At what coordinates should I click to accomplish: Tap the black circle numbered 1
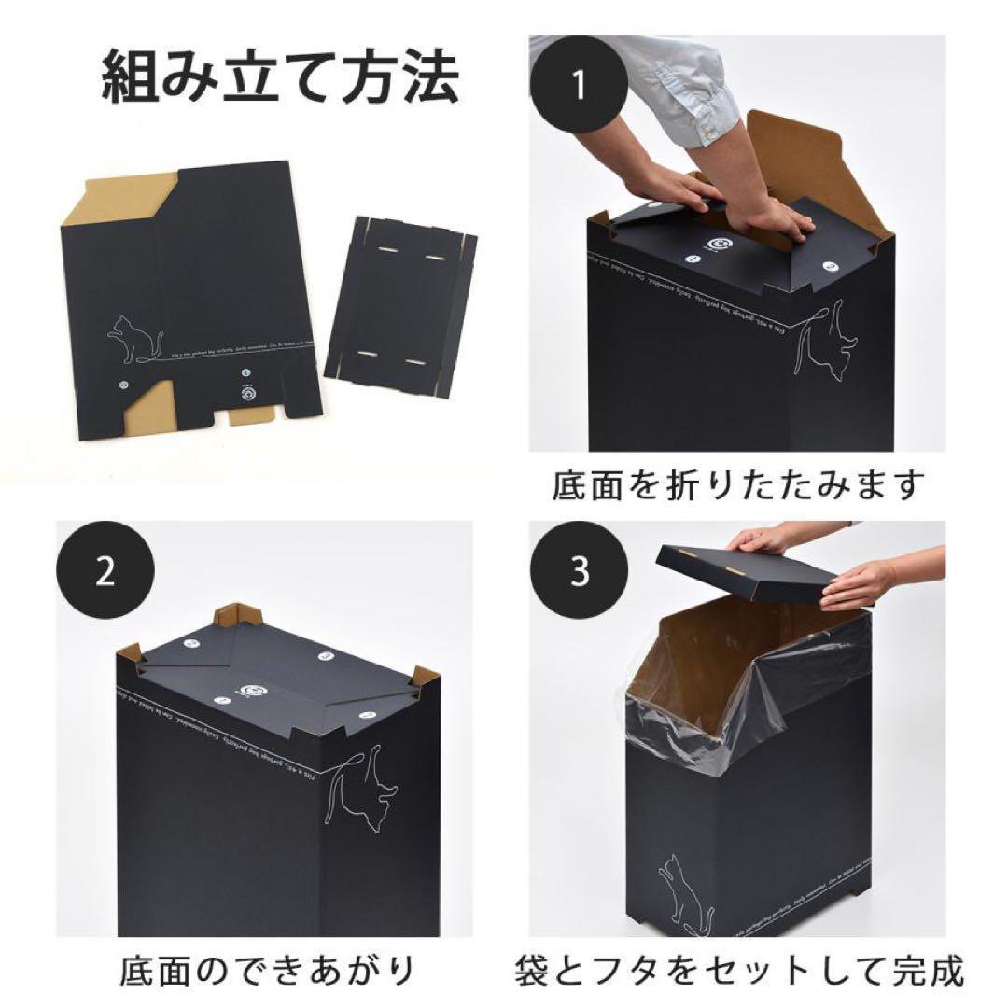coord(579,85)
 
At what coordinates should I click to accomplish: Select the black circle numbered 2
coord(105,571)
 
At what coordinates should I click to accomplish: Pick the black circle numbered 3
coord(579,571)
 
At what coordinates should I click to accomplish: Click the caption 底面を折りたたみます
coord(737,485)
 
